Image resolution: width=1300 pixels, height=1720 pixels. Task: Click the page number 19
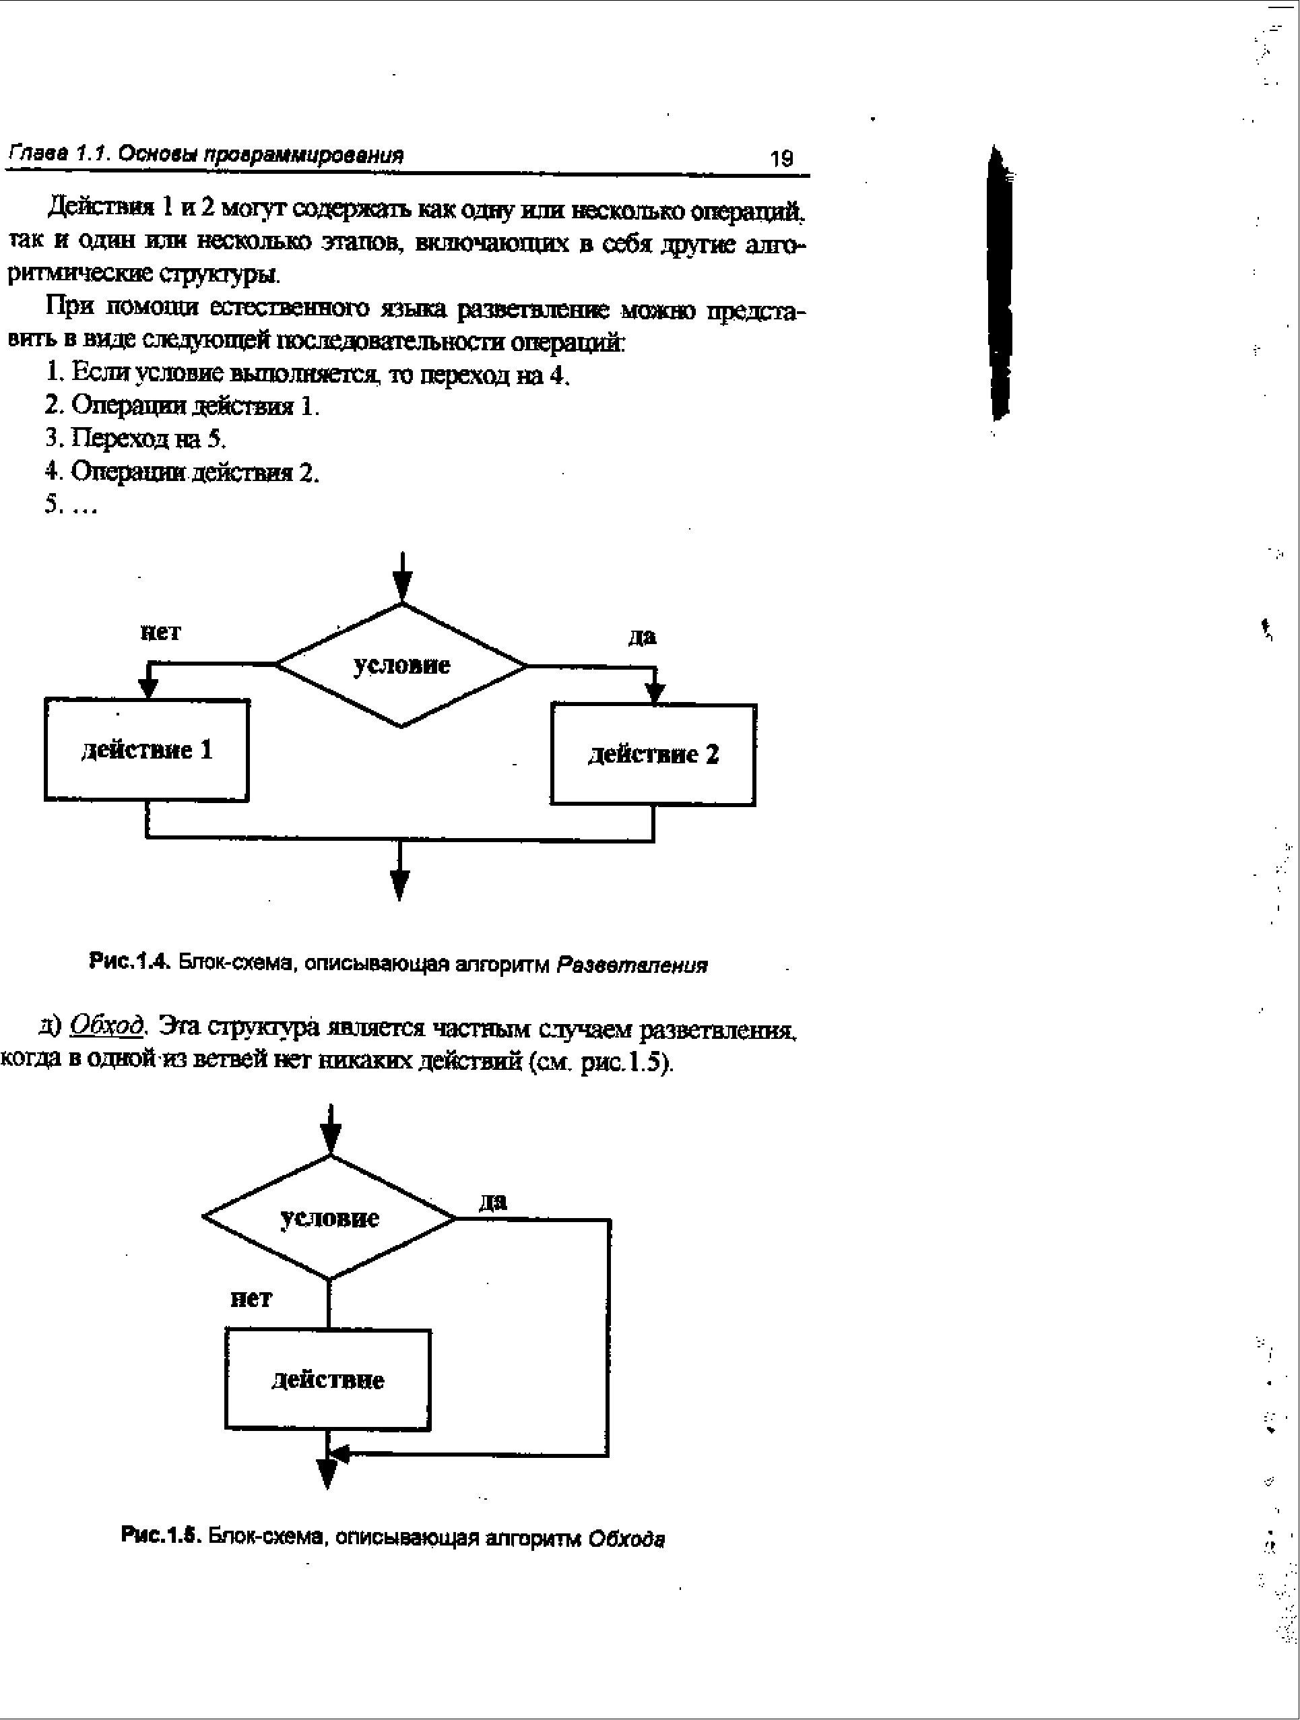(x=781, y=158)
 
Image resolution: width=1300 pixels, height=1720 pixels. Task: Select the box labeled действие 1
(x=147, y=750)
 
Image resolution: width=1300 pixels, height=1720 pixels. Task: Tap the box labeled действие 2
(x=653, y=755)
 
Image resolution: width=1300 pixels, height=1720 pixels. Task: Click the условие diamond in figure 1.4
(x=401, y=666)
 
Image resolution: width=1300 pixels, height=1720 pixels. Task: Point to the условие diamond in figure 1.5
(x=329, y=1217)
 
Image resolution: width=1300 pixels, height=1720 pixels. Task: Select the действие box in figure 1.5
(x=327, y=1379)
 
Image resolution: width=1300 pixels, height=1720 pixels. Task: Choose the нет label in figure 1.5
(x=251, y=1298)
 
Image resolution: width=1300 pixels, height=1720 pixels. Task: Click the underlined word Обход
(x=107, y=1026)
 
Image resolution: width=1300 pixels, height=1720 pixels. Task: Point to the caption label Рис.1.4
(x=129, y=963)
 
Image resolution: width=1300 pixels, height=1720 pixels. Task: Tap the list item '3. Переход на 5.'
(x=136, y=439)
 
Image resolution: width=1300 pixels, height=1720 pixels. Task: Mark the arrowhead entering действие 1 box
(x=148, y=687)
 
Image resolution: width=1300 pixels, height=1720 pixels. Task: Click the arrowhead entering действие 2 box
(x=655, y=692)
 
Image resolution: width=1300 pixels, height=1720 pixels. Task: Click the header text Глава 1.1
(x=61, y=154)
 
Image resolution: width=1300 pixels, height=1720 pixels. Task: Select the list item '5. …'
(x=71, y=505)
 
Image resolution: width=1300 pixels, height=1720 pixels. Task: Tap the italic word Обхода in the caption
(x=626, y=1538)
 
